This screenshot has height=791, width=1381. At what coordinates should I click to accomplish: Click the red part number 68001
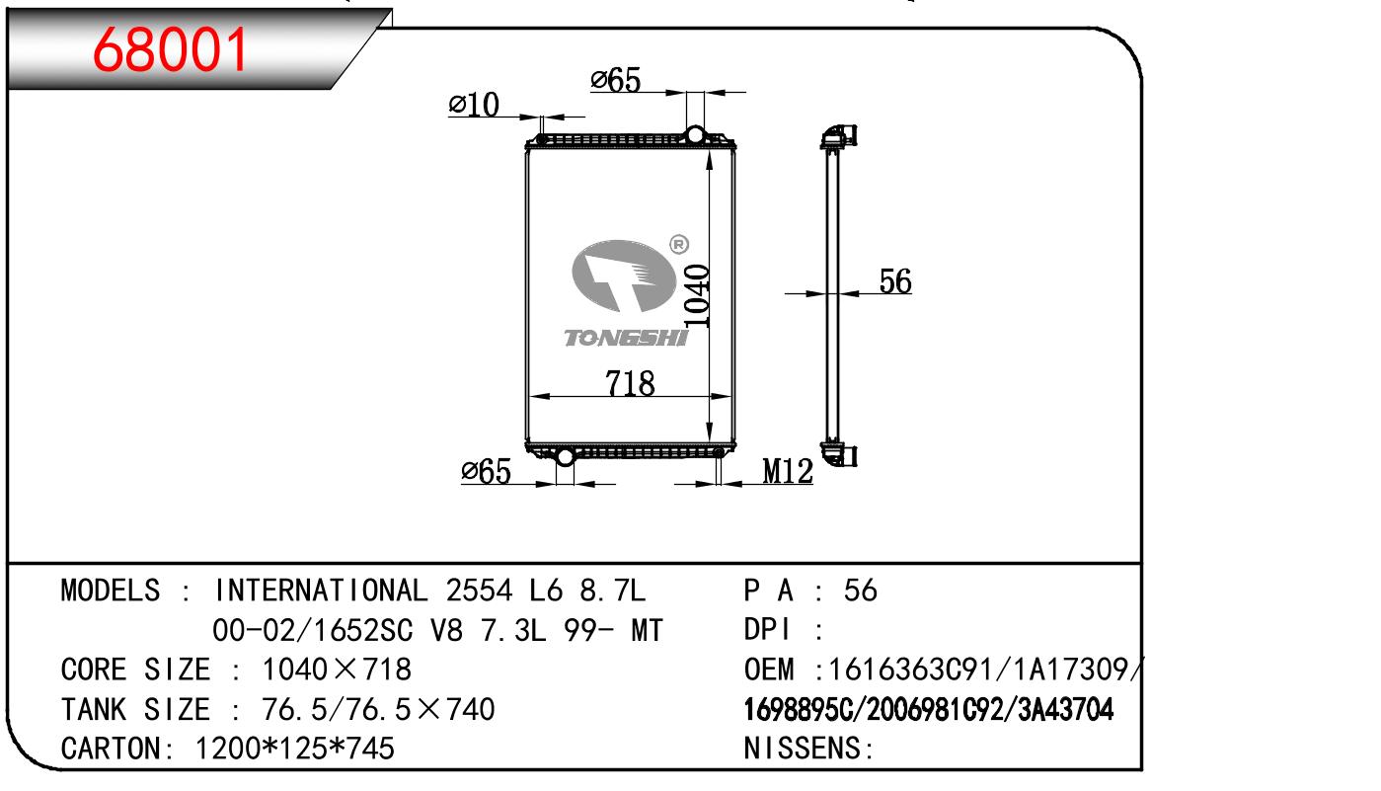click(x=170, y=49)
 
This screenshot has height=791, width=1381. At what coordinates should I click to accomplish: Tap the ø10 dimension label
click(x=474, y=105)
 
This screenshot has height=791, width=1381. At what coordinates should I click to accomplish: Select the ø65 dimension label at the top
click(x=615, y=80)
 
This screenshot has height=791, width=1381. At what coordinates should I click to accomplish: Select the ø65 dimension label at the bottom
click(x=486, y=472)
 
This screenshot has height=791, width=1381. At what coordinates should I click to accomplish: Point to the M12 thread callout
click(x=788, y=472)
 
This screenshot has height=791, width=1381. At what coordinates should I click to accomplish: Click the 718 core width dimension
click(x=630, y=383)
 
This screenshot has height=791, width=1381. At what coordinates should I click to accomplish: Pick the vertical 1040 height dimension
click(x=697, y=296)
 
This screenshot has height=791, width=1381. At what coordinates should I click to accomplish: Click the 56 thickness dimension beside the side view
click(x=895, y=281)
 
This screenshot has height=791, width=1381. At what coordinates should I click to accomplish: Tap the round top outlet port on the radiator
click(x=695, y=134)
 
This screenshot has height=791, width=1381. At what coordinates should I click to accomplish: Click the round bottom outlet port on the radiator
click(x=566, y=457)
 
